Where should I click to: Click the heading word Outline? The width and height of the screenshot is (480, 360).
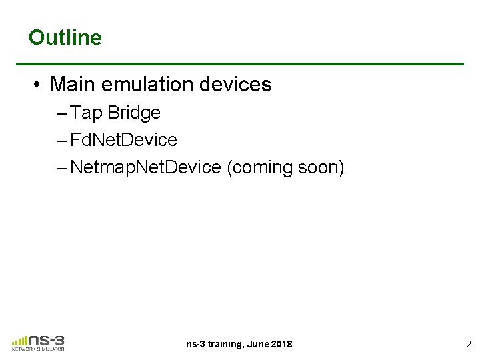pyautogui.click(x=65, y=37)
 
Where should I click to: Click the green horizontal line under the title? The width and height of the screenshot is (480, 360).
pyautogui.click(x=240, y=64)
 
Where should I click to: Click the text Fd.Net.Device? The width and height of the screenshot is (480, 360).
pyautogui.click(x=123, y=140)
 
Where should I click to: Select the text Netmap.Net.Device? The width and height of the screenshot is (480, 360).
pyautogui.click(x=145, y=167)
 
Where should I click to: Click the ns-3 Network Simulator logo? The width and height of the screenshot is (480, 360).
pyautogui.click(x=39, y=341)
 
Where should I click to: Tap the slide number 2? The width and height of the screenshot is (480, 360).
pyautogui.click(x=467, y=345)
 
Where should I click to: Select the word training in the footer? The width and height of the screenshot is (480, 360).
pyautogui.click(x=225, y=345)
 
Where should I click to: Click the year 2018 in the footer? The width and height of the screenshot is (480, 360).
pyautogui.click(x=281, y=345)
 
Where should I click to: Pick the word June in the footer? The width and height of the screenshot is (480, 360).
pyautogui.click(x=259, y=345)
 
